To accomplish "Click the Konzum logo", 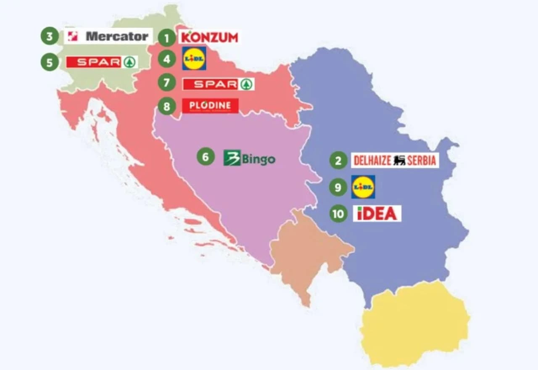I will point(209,37).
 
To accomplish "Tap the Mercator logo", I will point(108,36).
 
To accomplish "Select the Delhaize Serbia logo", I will point(395,160).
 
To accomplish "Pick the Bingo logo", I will point(249,158).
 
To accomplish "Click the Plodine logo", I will point(210,106).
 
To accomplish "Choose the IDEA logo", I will point(377,214).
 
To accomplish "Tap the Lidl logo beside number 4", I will point(194,58).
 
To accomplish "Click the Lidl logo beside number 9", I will point(363,187).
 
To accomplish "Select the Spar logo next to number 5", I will point(102,62).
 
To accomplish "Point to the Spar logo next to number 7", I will point(218,84).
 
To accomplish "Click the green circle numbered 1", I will point(167,39).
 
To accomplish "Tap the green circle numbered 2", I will point(338,160).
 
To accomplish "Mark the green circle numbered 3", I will point(50,36).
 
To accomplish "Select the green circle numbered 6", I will point(206,157).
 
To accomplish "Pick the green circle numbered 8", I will point(167,106).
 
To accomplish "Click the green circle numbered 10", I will point(338,214).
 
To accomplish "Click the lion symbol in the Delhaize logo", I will point(399,160).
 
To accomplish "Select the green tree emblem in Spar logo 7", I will point(247,84).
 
